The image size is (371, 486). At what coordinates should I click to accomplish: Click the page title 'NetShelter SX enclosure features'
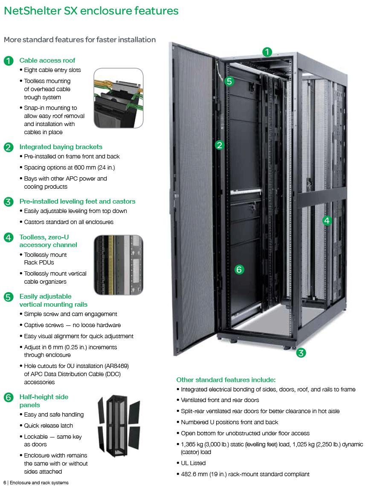91,11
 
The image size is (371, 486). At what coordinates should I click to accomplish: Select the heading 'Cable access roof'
47,60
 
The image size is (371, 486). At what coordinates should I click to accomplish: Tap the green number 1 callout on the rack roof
267,52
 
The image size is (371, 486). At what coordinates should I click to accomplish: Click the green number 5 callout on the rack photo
229,81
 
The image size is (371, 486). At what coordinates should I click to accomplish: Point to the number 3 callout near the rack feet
301,353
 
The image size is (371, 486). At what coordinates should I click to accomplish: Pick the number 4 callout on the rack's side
327,221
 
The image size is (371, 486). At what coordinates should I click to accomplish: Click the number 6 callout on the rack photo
239,269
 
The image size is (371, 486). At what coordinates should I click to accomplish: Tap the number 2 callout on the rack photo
220,145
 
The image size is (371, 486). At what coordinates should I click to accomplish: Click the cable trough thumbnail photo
119,98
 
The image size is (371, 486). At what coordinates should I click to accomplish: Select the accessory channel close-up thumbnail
119,265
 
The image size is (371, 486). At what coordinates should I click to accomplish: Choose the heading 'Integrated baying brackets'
61,147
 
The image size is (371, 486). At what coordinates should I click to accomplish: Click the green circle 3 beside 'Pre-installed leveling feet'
9,202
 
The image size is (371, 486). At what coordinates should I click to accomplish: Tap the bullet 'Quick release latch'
48,426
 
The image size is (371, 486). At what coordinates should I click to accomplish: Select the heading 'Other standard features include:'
226,380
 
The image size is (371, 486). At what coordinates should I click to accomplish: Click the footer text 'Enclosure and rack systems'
39,483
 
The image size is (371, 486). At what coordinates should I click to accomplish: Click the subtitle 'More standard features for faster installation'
80,40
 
